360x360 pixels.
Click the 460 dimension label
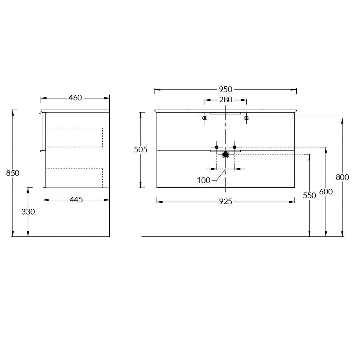coord(75,98)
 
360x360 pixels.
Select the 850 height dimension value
coord(13,173)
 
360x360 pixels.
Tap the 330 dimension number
coord(28,212)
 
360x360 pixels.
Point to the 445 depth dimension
coord(76,200)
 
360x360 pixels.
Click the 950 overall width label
coord(225,89)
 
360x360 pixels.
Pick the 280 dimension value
coord(225,100)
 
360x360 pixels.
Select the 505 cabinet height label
coord(141,150)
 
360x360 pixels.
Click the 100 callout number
coord(203,180)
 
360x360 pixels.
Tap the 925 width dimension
coord(225,202)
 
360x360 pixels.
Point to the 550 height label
coord(310,196)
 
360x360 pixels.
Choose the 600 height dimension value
coord(326,192)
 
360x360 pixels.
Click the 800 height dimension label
coord(343,177)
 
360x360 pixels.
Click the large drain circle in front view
coord(226,155)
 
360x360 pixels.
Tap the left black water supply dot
coord(217,147)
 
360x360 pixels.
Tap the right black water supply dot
coord(235,147)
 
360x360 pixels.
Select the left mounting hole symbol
coord(205,118)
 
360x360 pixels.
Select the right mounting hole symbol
coord(246,118)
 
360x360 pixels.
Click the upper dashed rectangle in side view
coord(74,137)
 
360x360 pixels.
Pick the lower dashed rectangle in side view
coord(74,178)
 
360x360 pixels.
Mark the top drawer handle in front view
coord(225,113)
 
